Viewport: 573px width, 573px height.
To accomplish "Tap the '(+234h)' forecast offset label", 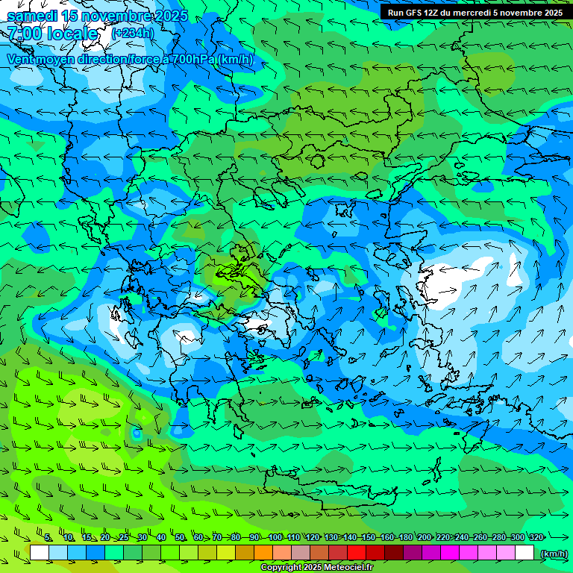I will click(133, 33).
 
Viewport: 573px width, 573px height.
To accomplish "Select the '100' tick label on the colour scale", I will click(275, 537).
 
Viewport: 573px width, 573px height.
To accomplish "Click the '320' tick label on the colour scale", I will click(536, 537).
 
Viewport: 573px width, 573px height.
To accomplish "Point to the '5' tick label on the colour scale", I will click(48, 537).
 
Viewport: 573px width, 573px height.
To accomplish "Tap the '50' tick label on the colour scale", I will click(180, 537).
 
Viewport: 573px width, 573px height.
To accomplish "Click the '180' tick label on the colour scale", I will click(405, 537).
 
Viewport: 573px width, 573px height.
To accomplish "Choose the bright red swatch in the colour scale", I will click(357, 553).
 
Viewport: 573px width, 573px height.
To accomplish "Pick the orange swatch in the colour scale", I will click(263, 553).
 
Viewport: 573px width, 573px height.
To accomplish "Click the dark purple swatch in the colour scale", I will click(413, 553).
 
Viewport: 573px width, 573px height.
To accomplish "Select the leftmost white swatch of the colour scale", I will click(40, 553).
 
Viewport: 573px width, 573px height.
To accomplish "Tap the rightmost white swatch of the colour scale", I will click(525, 553).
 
